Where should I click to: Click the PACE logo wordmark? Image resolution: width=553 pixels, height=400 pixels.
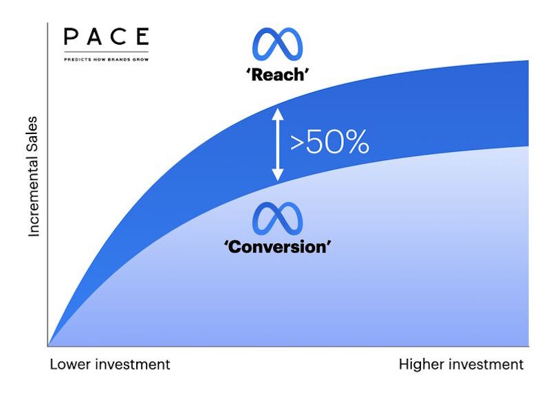[x=106, y=36]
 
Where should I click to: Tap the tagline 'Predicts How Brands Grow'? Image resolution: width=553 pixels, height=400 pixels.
[x=106, y=59]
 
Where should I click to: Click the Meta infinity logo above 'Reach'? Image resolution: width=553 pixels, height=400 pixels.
[x=278, y=44]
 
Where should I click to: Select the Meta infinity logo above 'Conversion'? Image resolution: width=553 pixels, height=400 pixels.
[x=278, y=219]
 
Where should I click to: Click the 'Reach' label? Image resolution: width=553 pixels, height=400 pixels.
[x=278, y=75]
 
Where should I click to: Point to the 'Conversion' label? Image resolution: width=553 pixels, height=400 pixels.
[x=278, y=247]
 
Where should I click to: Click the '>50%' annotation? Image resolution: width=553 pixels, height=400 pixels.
[x=329, y=142]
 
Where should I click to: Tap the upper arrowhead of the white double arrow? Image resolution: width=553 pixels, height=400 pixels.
[x=278, y=114]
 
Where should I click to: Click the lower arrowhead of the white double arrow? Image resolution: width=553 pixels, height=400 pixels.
[x=278, y=175]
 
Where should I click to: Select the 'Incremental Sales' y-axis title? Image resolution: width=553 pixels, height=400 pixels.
[x=33, y=177]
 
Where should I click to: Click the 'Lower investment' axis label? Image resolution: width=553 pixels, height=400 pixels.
[x=109, y=364]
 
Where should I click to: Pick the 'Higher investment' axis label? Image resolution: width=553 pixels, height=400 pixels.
[x=461, y=364]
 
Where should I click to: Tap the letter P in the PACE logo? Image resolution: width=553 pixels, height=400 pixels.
[x=71, y=36]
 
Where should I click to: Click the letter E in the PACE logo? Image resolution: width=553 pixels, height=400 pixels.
[x=142, y=36]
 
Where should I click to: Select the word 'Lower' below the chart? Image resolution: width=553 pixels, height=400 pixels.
[x=70, y=364]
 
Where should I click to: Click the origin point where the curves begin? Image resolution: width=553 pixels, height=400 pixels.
[x=48, y=346]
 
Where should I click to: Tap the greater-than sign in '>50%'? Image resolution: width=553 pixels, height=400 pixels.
[x=297, y=143]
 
